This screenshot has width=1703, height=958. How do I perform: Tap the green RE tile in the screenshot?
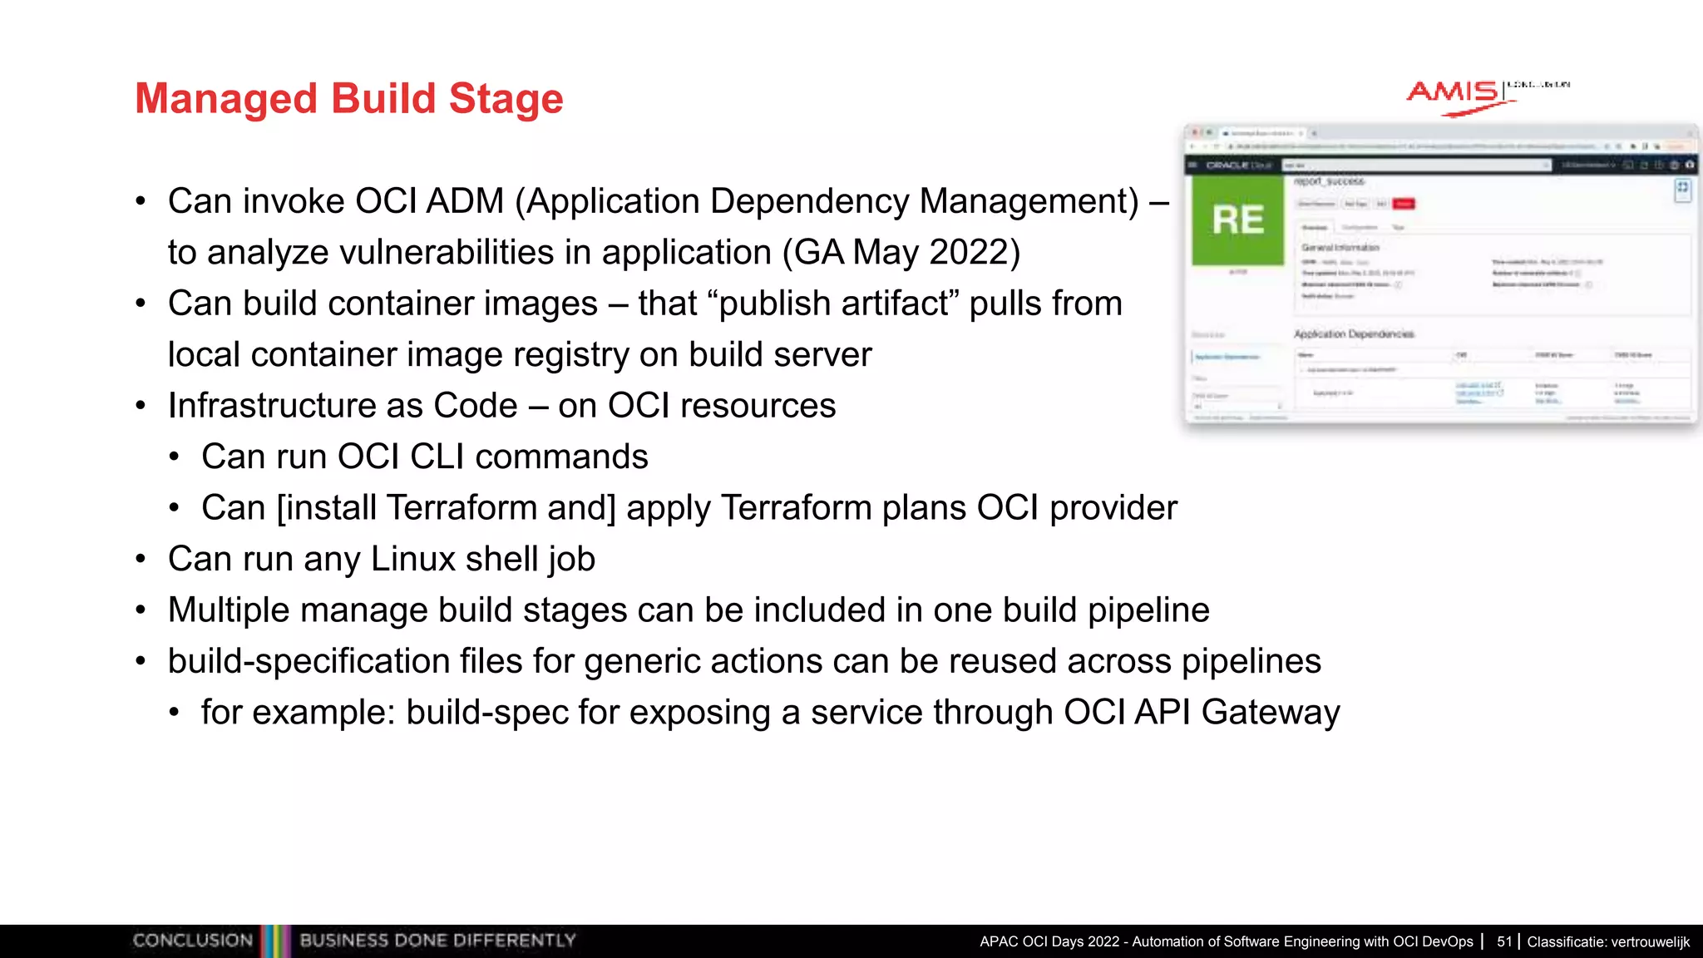click(x=1237, y=220)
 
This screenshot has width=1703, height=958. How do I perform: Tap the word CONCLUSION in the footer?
click(x=192, y=941)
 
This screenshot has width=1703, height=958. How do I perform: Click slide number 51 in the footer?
click(x=1504, y=941)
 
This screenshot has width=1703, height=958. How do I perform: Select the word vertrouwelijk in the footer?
click(x=1651, y=941)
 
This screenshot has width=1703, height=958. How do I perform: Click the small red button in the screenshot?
click(x=1404, y=204)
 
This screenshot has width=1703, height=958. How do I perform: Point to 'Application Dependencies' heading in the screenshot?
click(x=1354, y=334)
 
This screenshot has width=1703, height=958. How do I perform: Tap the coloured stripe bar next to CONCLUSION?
click(x=275, y=941)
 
